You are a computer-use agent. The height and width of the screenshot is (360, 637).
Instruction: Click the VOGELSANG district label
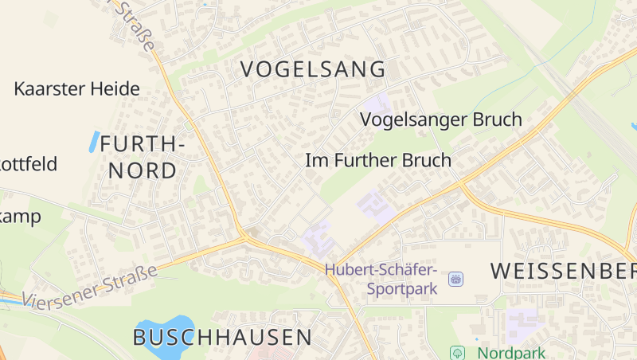[313, 69]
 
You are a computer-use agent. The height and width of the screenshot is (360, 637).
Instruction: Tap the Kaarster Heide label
[76, 88]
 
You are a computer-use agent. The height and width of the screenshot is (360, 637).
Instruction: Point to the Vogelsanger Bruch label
[441, 119]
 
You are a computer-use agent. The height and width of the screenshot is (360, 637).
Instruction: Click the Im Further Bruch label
[378, 160]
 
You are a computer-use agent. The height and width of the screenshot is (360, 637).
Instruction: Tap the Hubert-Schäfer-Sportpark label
[381, 279]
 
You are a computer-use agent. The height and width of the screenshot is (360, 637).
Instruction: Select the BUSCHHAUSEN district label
[223, 337]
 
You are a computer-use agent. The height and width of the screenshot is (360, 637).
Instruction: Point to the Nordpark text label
[502, 351]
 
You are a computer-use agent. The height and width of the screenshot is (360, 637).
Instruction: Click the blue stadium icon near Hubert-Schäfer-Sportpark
[455, 279]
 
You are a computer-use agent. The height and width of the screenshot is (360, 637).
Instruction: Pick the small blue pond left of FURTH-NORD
[94, 142]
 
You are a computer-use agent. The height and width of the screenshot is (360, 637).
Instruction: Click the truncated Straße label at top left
[135, 24]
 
